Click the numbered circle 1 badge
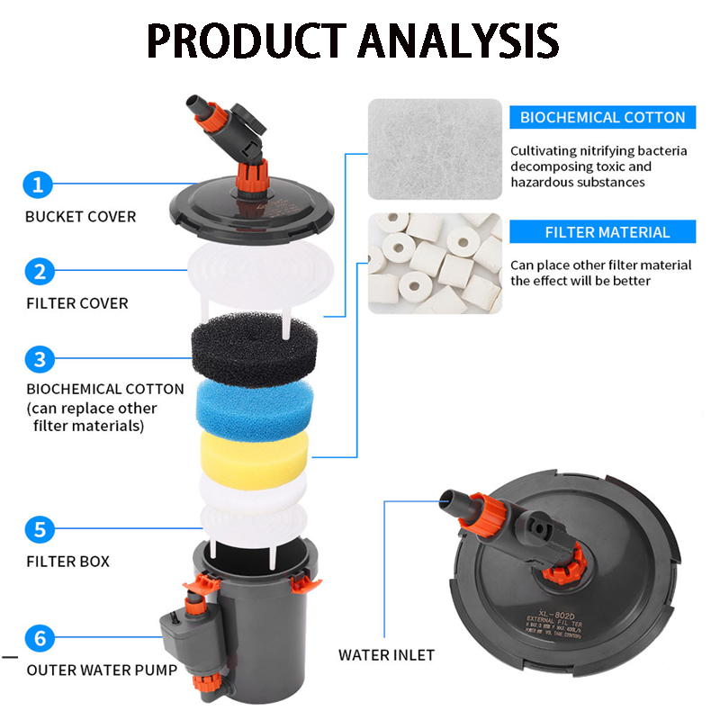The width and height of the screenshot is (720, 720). [x=38, y=185]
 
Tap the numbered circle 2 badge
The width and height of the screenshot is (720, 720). [x=38, y=271]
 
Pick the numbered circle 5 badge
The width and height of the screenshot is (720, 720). [x=38, y=529]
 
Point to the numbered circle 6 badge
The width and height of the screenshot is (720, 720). [x=38, y=639]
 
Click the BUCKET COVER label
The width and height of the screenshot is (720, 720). [x=81, y=217]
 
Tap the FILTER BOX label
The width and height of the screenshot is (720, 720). [x=68, y=562]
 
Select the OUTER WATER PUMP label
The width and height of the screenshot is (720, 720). [x=102, y=670]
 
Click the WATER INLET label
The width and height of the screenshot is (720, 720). [x=386, y=655]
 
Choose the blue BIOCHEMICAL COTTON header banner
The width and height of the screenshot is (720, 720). [x=602, y=117]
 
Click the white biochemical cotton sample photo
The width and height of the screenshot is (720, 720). [x=434, y=148]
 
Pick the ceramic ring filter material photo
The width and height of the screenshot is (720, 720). [x=434, y=263]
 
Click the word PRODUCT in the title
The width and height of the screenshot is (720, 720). [x=243, y=40]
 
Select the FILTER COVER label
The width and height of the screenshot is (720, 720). [x=77, y=303]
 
